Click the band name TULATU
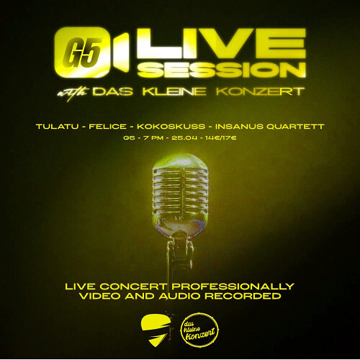pos(55,127)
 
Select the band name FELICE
pos(105,127)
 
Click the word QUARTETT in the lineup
pos(296,127)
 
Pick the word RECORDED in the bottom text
pos(245,296)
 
